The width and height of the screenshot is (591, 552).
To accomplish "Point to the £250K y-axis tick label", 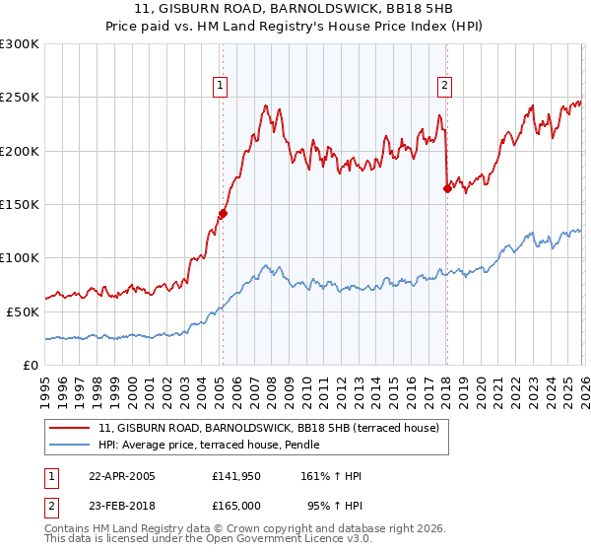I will (21, 98).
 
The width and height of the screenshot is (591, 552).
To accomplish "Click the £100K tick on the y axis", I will (21, 257).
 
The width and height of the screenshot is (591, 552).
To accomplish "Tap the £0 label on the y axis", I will (31, 365).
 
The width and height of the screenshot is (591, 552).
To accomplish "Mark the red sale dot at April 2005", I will (224, 213).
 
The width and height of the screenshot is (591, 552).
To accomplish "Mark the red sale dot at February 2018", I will (447, 188).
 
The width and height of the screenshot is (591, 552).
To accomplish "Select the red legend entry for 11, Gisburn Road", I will (275, 428).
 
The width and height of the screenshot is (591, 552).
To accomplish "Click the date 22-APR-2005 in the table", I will (122, 476).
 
